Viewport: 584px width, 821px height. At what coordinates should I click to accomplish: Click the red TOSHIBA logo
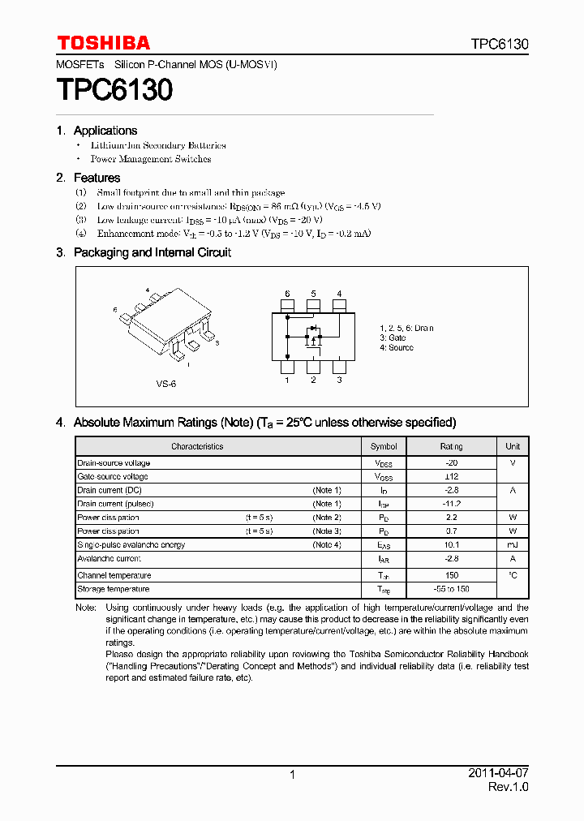pyautogui.click(x=103, y=43)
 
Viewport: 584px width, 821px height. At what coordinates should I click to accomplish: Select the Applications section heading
pyautogui.click(x=105, y=131)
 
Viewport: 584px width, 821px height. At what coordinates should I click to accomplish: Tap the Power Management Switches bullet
pyautogui.click(x=151, y=160)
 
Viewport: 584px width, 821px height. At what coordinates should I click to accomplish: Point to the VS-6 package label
pyautogui.click(x=166, y=383)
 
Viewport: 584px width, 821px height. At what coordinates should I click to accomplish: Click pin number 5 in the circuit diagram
pyautogui.click(x=313, y=294)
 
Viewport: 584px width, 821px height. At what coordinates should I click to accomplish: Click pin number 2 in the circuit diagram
pyautogui.click(x=313, y=379)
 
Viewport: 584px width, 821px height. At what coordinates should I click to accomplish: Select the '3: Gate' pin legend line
pyautogui.click(x=393, y=337)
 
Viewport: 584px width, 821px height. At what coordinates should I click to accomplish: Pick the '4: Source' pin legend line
pyautogui.click(x=396, y=347)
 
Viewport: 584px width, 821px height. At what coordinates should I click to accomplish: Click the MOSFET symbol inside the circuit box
pyautogui.click(x=311, y=334)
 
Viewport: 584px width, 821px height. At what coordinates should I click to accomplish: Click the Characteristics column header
pyautogui.click(x=197, y=446)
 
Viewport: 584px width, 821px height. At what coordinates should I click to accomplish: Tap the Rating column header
pyautogui.click(x=451, y=446)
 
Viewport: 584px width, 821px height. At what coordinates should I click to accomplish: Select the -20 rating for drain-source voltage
pyautogui.click(x=451, y=462)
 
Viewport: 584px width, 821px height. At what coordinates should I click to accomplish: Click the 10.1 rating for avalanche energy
pyautogui.click(x=451, y=545)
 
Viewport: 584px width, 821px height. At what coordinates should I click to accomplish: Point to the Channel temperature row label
pyautogui.click(x=114, y=575)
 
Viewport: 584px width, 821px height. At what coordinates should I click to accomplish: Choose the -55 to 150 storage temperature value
pyautogui.click(x=451, y=589)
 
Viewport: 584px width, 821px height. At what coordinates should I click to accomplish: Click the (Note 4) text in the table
pyautogui.click(x=327, y=545)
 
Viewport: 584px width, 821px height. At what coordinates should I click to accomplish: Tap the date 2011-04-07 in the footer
pyautogui.click(x=498, y=773)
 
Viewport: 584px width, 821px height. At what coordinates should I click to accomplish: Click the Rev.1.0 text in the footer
pyautogui.click(x=508, y=788)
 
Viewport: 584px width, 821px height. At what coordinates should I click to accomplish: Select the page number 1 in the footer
pyautogui.click(x=292, y=776)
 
